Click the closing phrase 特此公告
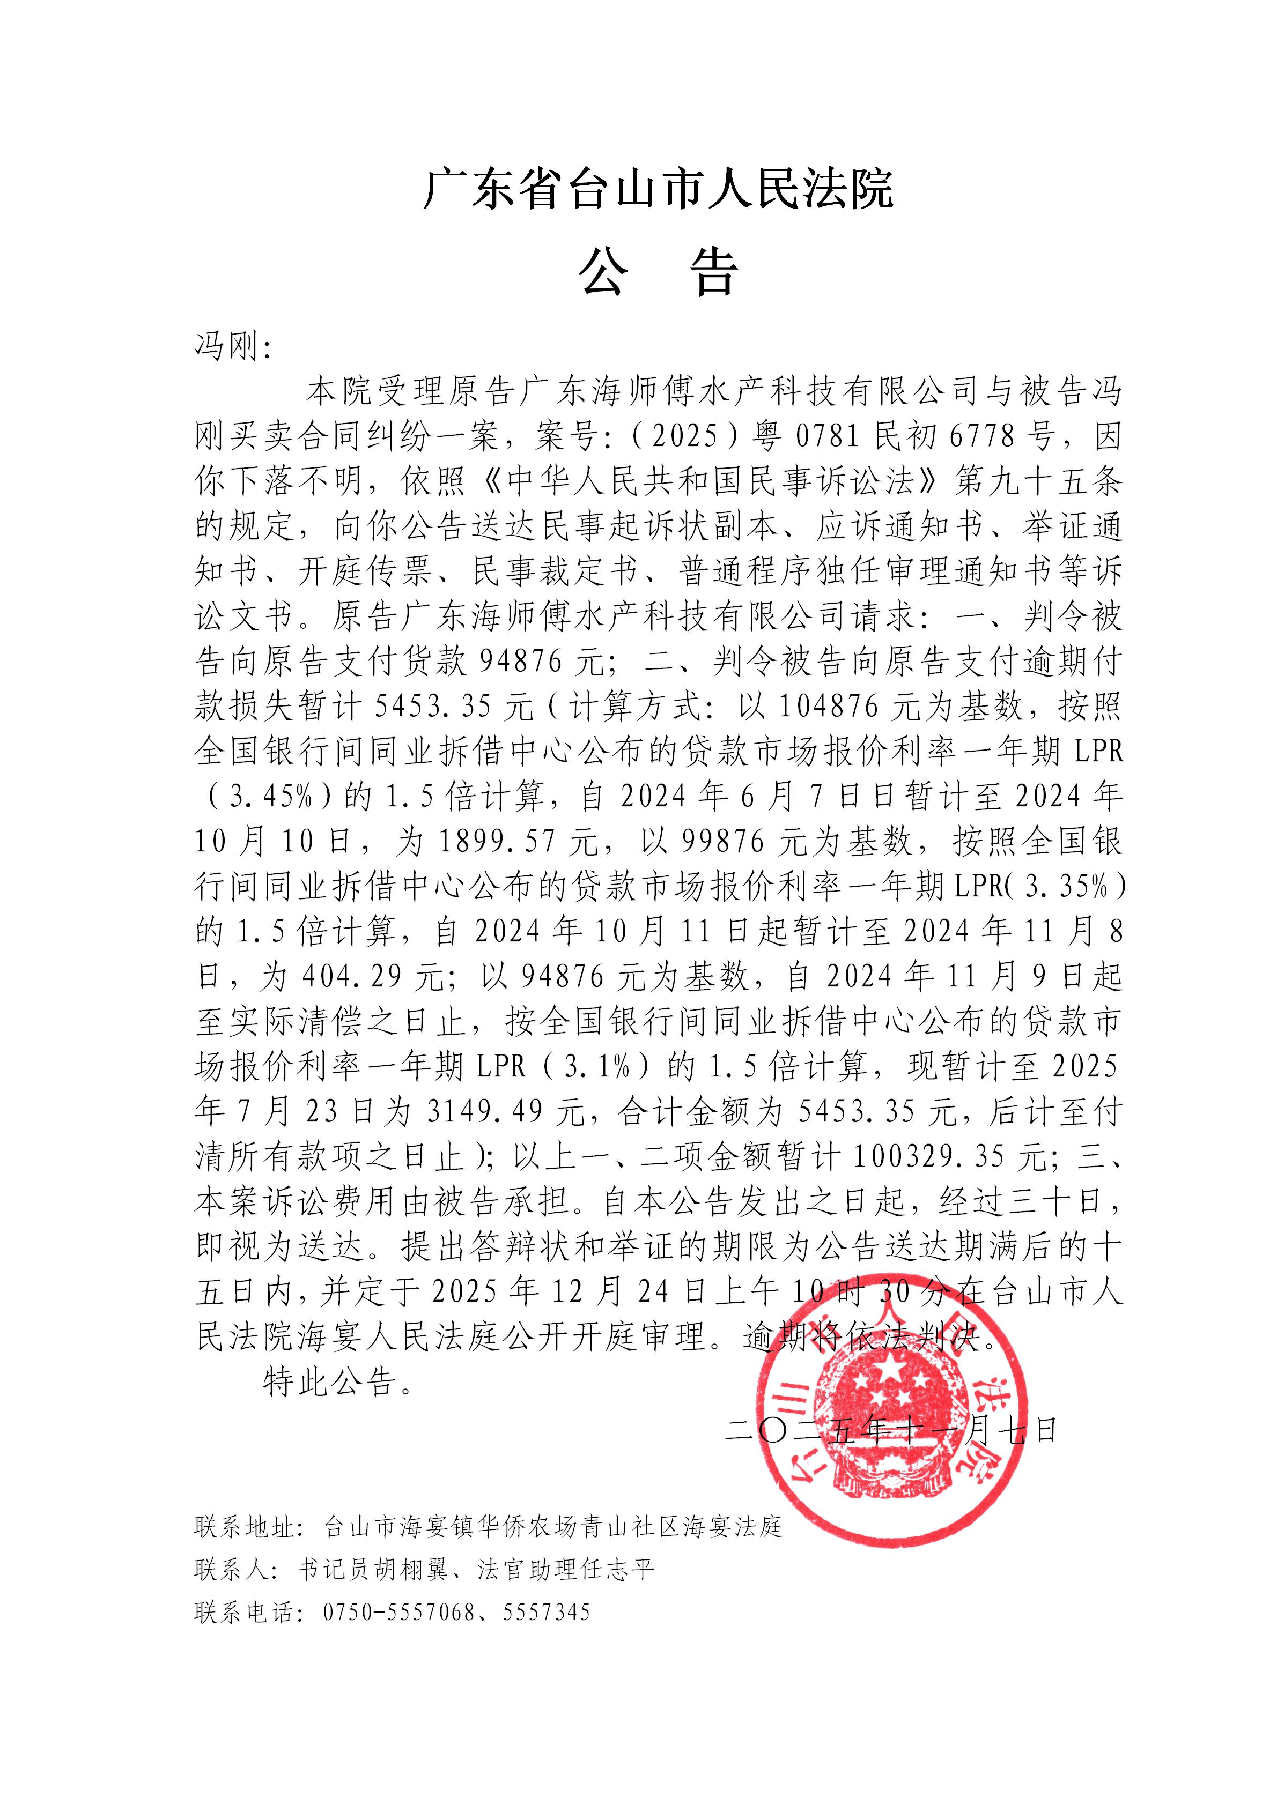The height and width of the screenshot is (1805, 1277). [330, 1382]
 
